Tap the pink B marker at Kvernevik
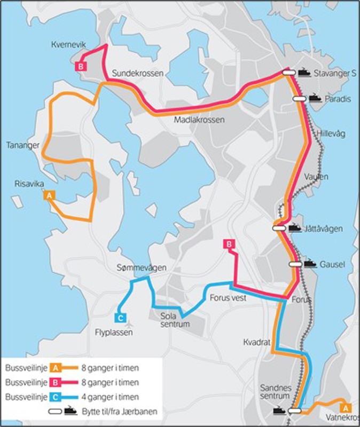pos(80,67)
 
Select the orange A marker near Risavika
pos(49,196)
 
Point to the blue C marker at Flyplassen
pos(121,319)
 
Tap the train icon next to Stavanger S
pos(304,72)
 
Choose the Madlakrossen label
pos(199,120)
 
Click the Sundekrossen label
pos(138,73)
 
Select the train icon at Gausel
pos(310,264)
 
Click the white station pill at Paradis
pos(299,98)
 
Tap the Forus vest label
pos(228,298)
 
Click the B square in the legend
pos(55,382)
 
